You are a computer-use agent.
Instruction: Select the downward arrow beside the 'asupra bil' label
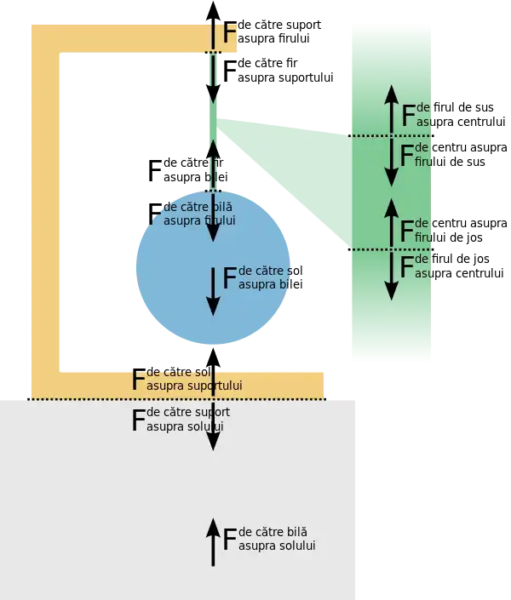click(x=212, y=290)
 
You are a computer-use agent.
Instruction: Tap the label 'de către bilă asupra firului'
click(x=198, y=214)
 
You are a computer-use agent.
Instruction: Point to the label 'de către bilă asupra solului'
click(x=277, y=539)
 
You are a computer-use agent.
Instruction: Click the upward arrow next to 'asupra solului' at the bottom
click(x=213, y=543)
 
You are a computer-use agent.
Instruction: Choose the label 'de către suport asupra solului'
click(x=187, y=419)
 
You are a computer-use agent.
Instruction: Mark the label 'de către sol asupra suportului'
click(x=194, y=379)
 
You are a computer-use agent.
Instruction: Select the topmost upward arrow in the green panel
click(x=391, y=108)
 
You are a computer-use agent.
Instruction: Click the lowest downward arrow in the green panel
click(x=391, y=276)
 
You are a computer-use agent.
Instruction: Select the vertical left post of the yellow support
click(x=45, y=213)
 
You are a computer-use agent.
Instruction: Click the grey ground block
click(x=102, y=502)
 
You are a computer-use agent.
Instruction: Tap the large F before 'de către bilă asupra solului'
click(x=229, y=540)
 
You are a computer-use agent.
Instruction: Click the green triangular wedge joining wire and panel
click(x=281, y=170)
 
